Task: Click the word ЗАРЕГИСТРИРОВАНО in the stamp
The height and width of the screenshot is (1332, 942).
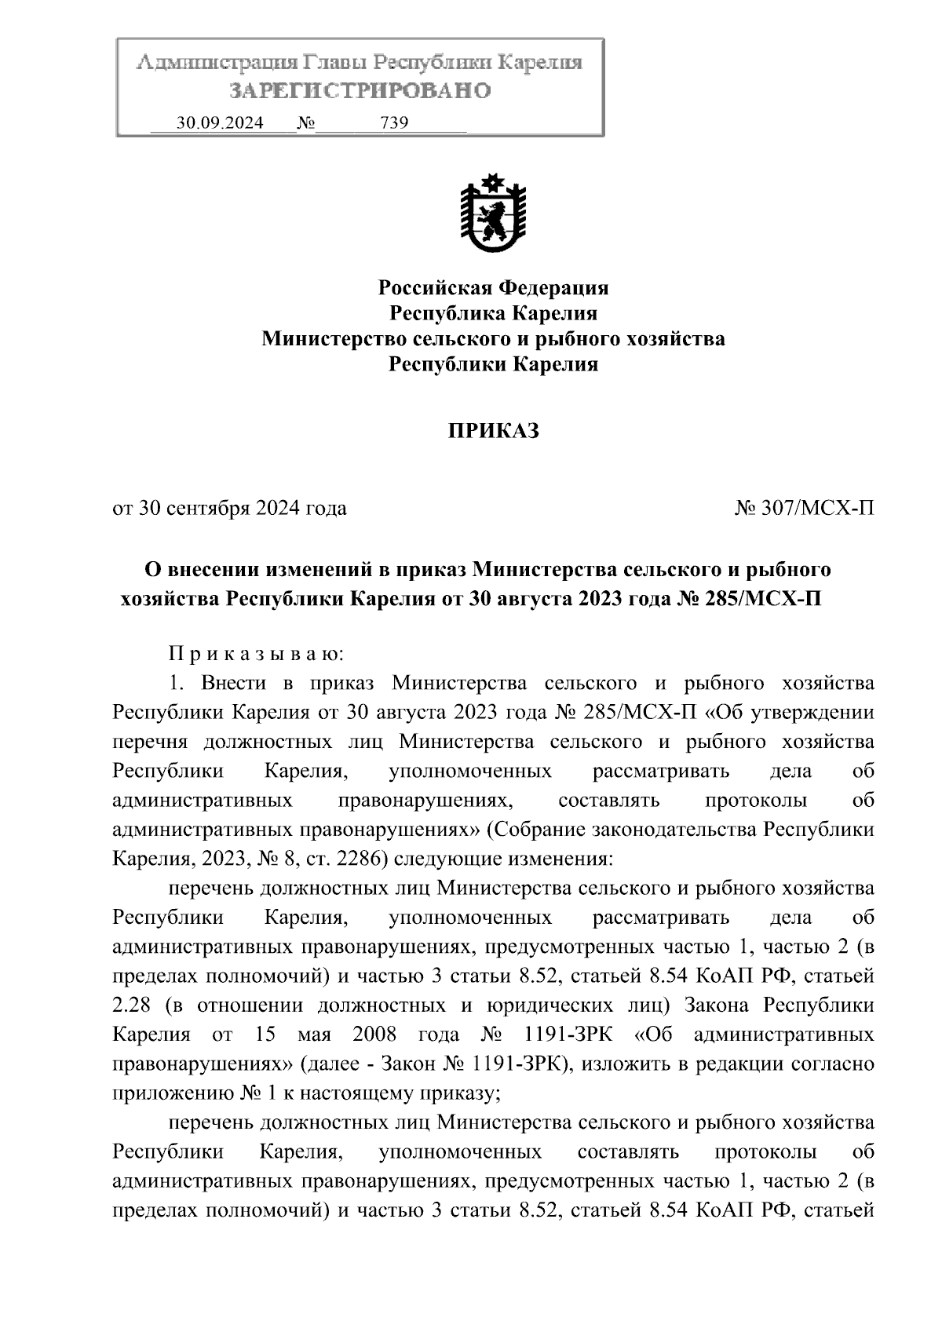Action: click(360, 91)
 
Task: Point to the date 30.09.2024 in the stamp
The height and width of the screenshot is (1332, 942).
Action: click(221, 123)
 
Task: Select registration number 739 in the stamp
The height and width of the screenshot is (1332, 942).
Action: click(394, 123)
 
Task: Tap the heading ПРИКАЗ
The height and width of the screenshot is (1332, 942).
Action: click(494, 431)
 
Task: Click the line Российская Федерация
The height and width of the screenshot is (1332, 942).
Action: click(494, 287)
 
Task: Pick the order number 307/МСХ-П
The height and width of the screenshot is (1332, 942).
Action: click(804, 509)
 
